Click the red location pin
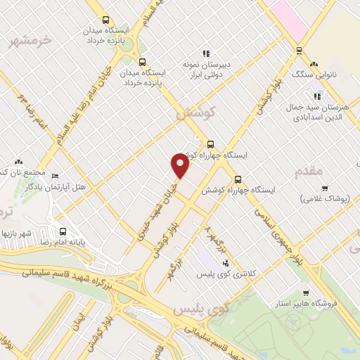181,165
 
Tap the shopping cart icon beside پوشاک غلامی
325,188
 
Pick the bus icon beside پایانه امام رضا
63,231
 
